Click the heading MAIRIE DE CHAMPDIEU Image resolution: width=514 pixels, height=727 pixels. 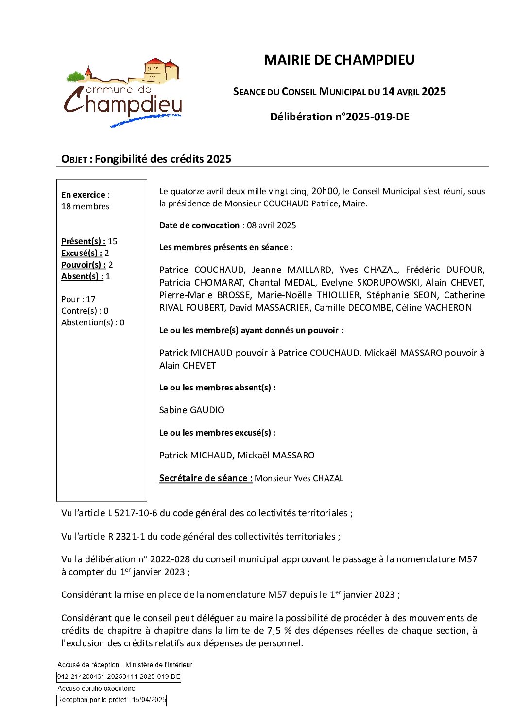pyautogui.click(x=339, y=60)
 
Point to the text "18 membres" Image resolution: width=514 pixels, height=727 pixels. pyautogui.click(x=86, y=206)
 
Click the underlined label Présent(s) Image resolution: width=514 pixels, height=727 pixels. pyautogui.click(x=83, y=241)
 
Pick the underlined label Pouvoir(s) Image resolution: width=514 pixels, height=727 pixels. pyautogui.click(x=83, y=265)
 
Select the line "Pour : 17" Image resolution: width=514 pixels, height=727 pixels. pyautogui.click(x=78, y=299)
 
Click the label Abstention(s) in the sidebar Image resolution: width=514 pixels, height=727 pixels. pyautogui.click(x=86, y=322)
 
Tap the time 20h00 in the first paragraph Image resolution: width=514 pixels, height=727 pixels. pyautogui.click(x=325, y=191)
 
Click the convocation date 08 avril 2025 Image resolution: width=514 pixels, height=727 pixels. pyautogui.click(x=271, y=225)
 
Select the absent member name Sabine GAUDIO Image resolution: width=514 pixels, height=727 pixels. pyautogui.click(x=192, y=410)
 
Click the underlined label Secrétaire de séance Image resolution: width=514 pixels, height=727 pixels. pyautogui.click(x=206, y=478)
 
